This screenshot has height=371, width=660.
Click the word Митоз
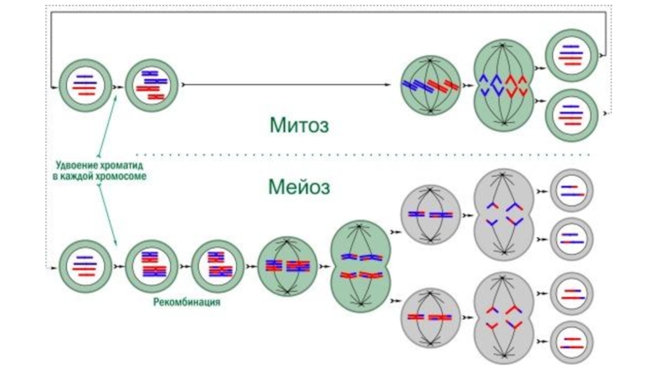(299, 125)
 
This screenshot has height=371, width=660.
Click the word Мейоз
(299, 186)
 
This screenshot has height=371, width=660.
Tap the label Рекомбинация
(186, 303)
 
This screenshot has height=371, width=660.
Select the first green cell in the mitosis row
(82, 84)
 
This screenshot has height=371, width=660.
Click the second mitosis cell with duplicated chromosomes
(151, 84)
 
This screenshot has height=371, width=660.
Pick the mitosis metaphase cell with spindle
(429, 84)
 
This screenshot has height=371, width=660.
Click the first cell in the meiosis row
(82, 265)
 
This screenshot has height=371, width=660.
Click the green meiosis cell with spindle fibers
(287, 265)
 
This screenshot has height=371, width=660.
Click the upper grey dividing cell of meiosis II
(505, 214)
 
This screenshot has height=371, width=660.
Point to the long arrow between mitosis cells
(289, 84)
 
